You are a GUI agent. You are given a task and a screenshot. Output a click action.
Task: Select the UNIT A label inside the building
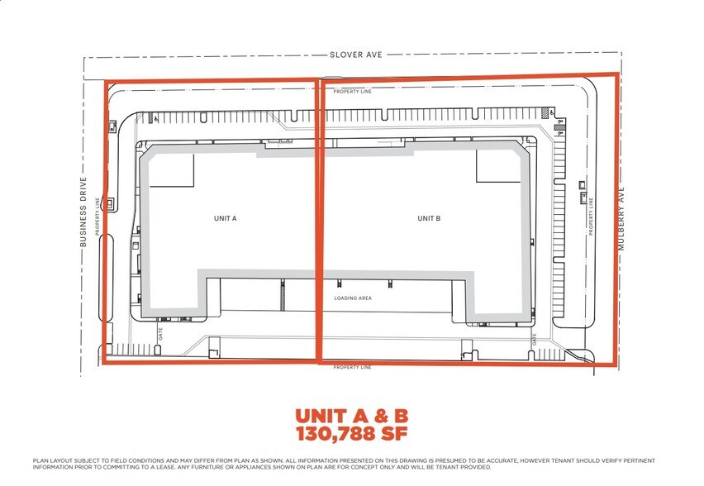tap(225, 219)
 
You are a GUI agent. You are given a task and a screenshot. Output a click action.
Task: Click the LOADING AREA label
tap(353, 298)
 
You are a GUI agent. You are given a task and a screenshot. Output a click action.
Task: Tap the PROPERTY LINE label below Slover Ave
tap(353, 92)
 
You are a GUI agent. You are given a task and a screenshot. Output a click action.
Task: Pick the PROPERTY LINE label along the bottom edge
tap(353, 366)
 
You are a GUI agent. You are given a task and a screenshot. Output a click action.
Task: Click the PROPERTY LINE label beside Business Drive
tap(98, 217)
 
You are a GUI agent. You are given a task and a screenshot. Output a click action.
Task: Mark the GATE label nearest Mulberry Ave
tap(535, 339)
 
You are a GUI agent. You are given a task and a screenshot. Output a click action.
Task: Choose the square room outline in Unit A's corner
tap(171, 170)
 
